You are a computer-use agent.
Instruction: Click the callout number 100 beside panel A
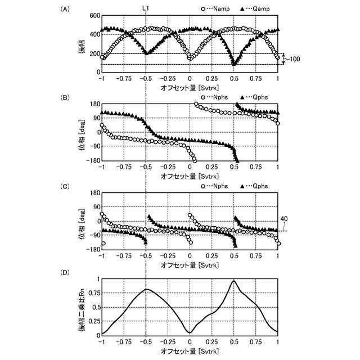[296, 58]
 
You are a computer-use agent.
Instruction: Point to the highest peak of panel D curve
[233, 280]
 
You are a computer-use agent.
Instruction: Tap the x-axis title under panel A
[190, 88]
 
